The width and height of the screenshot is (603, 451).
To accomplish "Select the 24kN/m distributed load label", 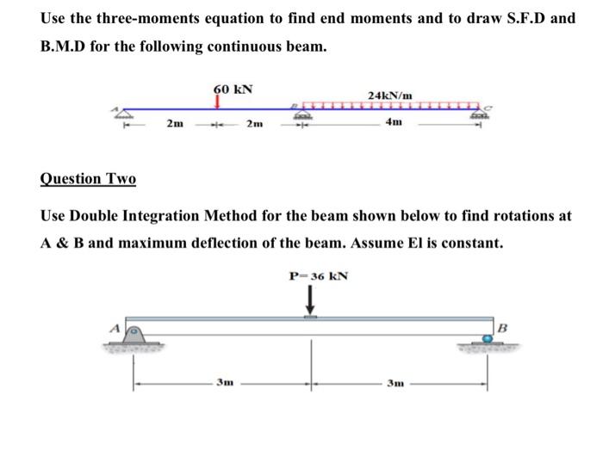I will (390, 94).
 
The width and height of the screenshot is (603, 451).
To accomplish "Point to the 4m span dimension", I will (393, 123).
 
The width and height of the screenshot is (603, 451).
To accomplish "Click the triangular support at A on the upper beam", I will (127, 113).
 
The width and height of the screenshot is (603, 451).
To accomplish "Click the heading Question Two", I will (88, 179).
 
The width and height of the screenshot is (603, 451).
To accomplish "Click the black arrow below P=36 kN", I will (312, 301).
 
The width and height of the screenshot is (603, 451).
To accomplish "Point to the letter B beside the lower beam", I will (507, 326).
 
